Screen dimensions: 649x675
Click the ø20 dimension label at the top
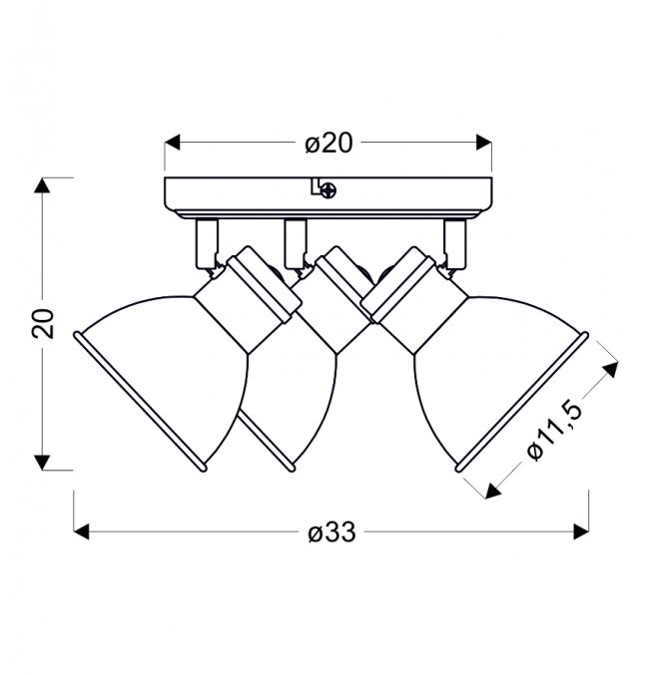[x=328, y=144]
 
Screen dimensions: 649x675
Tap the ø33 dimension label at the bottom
[x=332, y=532]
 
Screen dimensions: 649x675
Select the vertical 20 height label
[x=44, y=323]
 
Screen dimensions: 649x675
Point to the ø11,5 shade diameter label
[x=555, y=431]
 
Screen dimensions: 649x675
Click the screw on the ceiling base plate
[x=328, y=189]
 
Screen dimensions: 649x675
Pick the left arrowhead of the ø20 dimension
[x=172, y=143]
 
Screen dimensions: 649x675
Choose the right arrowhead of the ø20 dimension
[x=484, y=143]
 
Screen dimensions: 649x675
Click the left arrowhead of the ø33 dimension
[x=81, y=532]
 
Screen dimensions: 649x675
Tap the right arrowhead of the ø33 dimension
[x=581, y=532]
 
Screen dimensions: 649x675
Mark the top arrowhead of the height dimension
[x=42, y=185]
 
